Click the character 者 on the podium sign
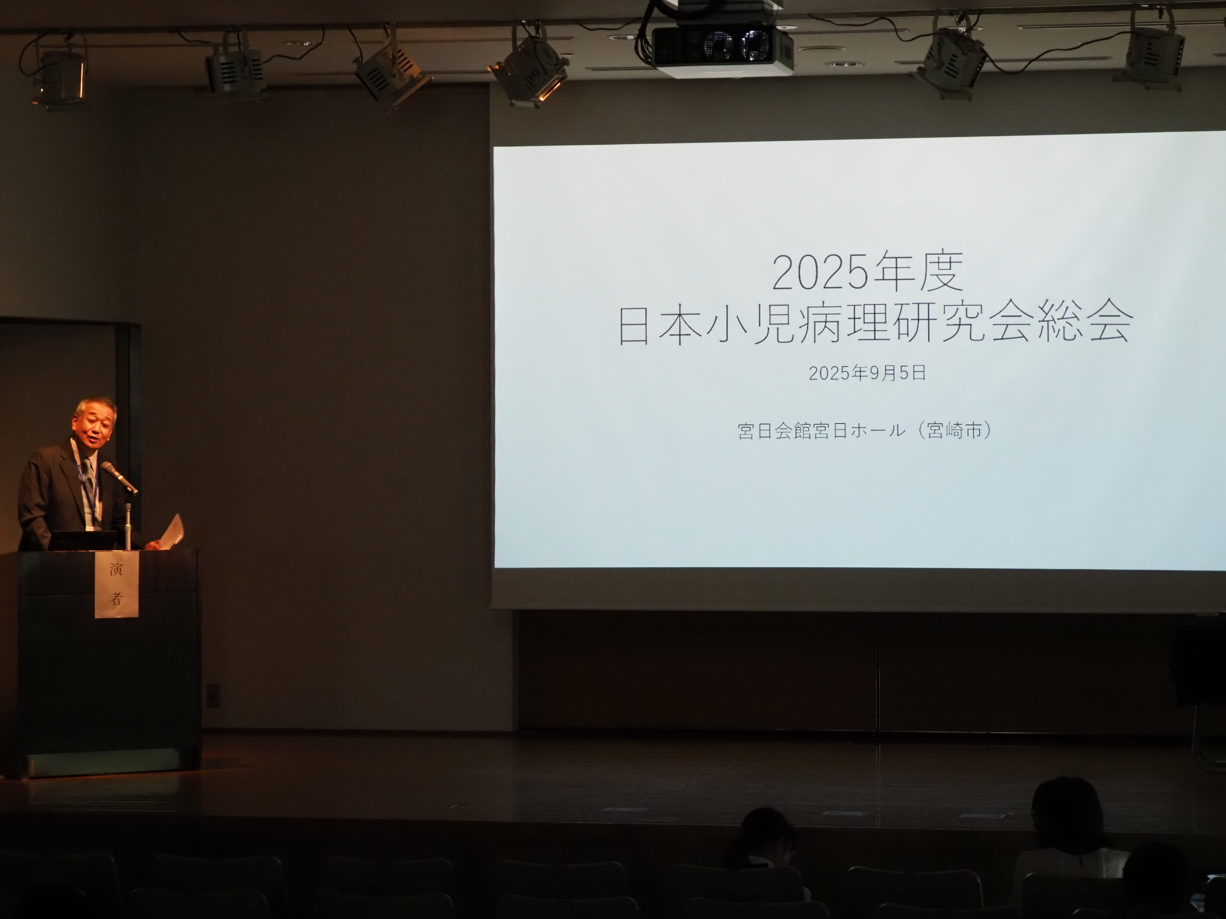point(116,598)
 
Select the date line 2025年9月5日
point(867,373)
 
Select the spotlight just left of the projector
point(529,69)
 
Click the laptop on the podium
point(83,540)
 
